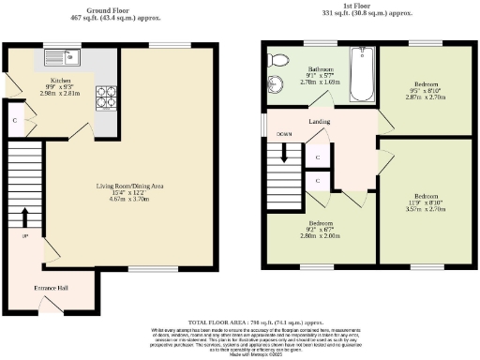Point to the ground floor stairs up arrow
pos(25,217)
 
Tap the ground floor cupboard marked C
pos(14,121)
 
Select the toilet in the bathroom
pos(274,60)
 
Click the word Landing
pos(321,121)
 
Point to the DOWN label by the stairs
pos(284,135)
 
